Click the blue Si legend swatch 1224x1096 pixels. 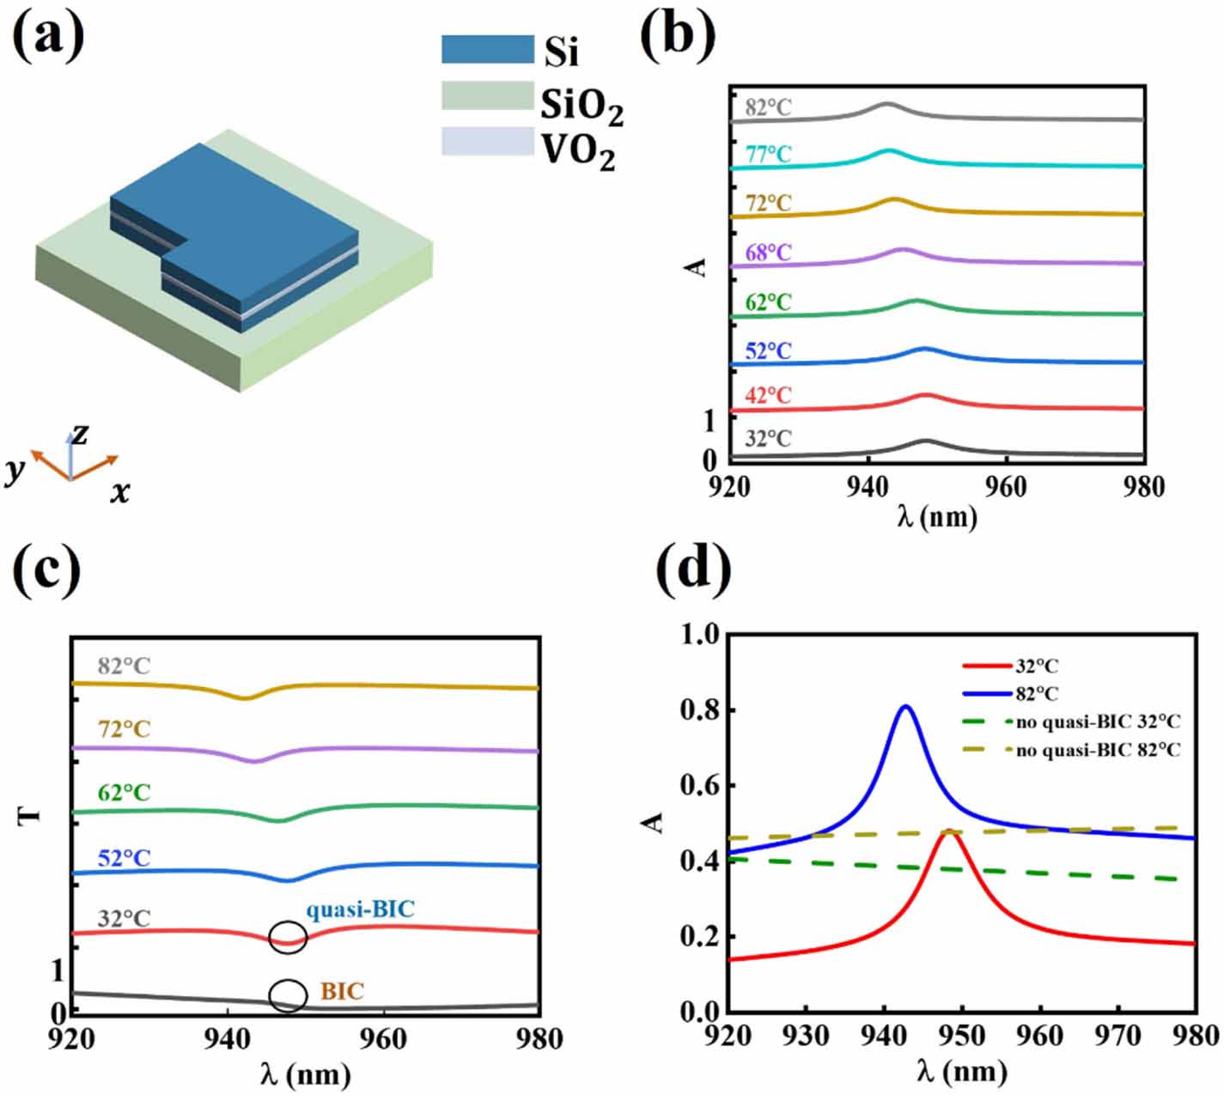pos(487,49)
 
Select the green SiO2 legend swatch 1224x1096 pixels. pos(487,96)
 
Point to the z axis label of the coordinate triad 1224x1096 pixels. pos(80,434)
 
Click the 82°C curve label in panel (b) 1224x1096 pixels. pos(768,108)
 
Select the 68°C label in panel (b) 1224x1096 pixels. pos(768,253)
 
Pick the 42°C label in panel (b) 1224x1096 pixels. pos(768,396)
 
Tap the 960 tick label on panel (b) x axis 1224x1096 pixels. pos(1005,487)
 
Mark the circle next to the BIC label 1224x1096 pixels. pos(288,996)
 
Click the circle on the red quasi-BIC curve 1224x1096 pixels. pos(288,937)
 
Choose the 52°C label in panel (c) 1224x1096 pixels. pos(124,858)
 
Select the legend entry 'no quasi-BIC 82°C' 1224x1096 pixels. pos(1098,750)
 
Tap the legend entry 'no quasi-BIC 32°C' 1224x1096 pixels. pos(1098,722)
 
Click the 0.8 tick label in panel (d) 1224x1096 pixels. pos(697,710)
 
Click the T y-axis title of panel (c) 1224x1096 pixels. pos(30,813)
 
